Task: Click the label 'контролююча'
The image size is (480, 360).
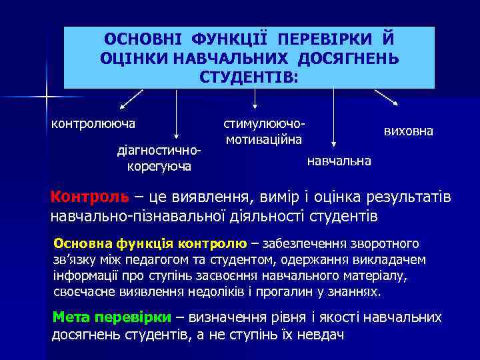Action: pyautogui.click(x=94, y=123)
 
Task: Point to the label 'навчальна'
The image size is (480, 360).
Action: pyautogui.click(x=339, y=161)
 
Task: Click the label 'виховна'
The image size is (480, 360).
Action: pyautogui.click(x=408, y=131)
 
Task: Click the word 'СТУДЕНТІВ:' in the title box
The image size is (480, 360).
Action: pyautogui.click(x=249, y=77)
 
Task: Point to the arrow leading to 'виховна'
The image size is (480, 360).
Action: pyautogui.click(x=387, y=97)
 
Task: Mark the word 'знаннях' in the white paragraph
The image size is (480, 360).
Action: pyautogui.click(x=357, y=292)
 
